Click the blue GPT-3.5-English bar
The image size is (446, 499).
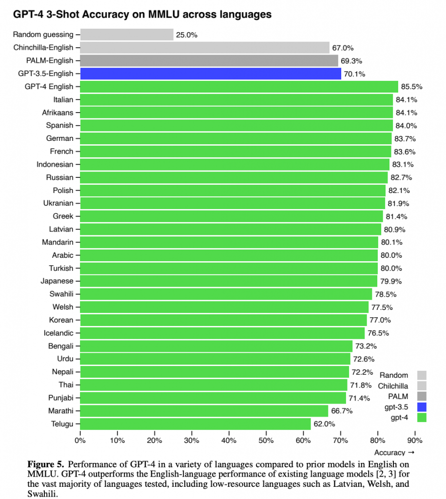(x=211, y=74)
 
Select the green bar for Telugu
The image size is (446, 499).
(x=195, y=423)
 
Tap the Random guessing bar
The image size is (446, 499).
(x=127, y=35)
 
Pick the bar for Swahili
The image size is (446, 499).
(x=226, y=294)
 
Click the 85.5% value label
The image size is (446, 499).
(x=411, y=87)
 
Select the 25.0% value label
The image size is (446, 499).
(x=187, y=35)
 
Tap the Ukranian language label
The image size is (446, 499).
(x=58, y=203)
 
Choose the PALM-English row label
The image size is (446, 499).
(x=49, y=60)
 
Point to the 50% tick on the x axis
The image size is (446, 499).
(x=266, y=441)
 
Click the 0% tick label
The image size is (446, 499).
(x=80, y=441)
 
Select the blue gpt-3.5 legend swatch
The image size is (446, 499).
(x=422, y=406)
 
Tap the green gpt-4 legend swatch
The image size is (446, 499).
(x=422, y=417)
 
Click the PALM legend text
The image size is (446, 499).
(x=398, y=396)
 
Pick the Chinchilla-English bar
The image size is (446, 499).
(x=205, y=48)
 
